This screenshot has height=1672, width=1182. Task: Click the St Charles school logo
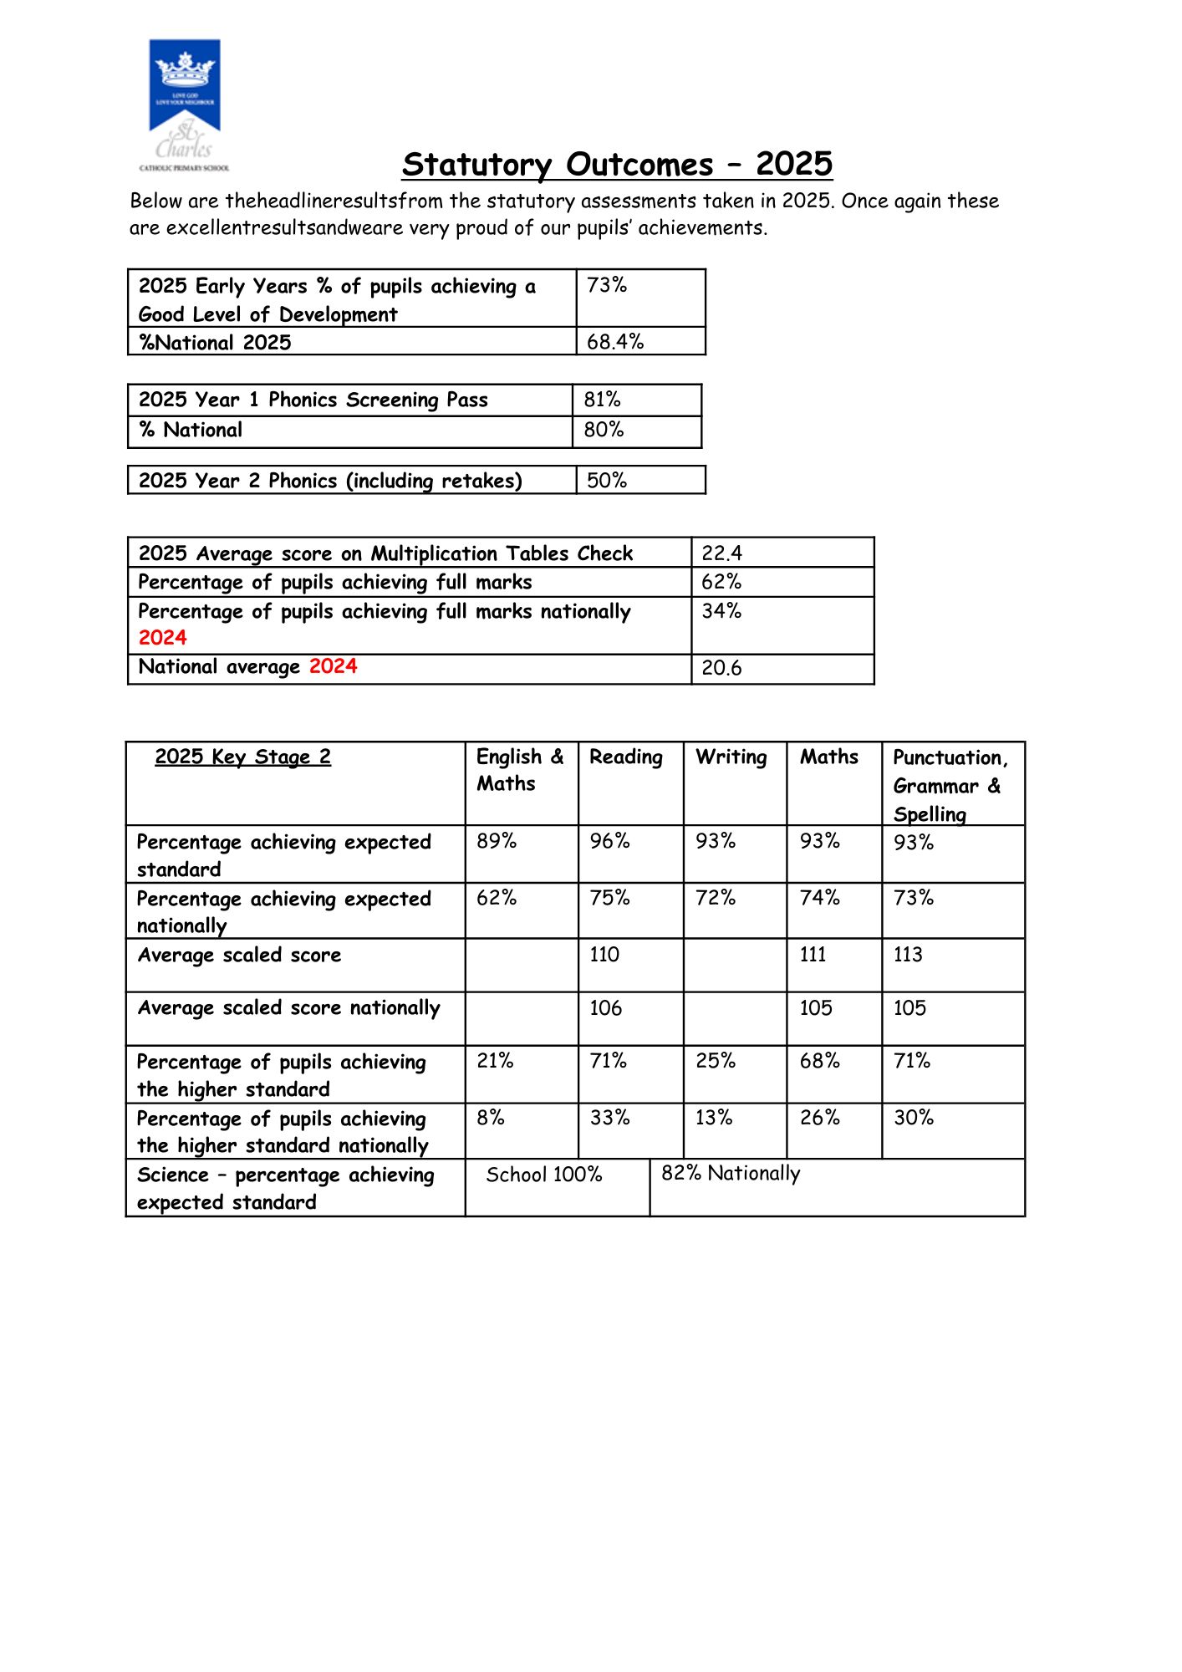[184, 104]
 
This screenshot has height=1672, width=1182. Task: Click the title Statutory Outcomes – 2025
[617, 164]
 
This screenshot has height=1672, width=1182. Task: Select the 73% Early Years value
[607, 286]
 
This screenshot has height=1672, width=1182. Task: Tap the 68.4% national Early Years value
[615, 342]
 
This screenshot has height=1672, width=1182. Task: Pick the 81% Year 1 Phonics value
[603, 400]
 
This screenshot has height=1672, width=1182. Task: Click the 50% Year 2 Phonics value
[607, 481]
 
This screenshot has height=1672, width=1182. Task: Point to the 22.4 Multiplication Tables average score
[722, 553]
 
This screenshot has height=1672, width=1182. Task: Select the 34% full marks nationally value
[721, 611]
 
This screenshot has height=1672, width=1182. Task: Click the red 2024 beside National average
[333, 666]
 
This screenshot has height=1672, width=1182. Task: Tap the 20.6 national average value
[722, 668]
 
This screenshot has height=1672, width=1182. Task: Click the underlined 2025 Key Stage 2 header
[242, 757]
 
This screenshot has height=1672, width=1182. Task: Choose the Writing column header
[731, 757]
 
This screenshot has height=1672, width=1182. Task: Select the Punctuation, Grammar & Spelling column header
[950, 785]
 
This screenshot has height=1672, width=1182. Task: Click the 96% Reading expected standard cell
[609, 841]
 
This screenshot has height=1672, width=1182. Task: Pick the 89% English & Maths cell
[497, 841]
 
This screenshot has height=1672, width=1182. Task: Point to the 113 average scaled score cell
[908, 955]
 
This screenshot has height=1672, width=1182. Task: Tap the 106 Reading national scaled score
[605, 1008]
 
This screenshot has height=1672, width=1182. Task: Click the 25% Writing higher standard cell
[716, 1061]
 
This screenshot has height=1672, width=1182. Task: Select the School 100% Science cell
[544, 1175]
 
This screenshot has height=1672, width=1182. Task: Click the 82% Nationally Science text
[731, 1174]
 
